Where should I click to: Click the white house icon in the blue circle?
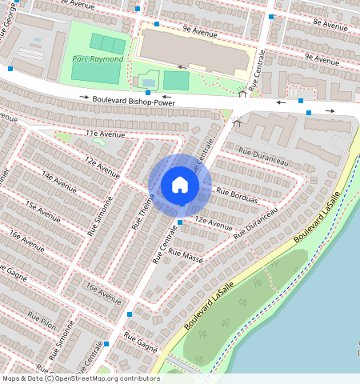(x=180, y=185)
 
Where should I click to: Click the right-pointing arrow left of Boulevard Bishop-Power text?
(x=85, y=98)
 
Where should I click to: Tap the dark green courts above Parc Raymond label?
(x=107, y=43)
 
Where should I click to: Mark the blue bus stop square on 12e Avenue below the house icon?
(x=179, y=222)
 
